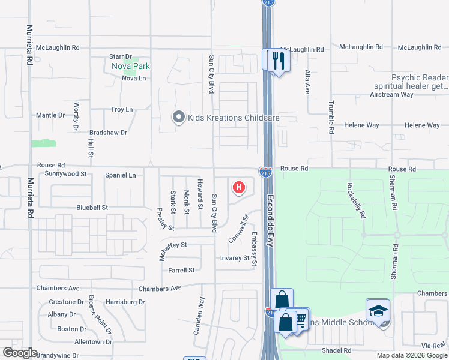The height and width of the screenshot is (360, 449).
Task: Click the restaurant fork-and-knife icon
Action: point(277,60)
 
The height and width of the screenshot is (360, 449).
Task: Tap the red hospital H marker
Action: point(239,188)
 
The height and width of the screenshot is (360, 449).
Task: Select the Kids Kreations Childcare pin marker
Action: point(178,118)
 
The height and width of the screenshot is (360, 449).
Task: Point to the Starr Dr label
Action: point(120,56)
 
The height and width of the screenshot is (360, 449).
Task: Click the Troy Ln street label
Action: point(122,109)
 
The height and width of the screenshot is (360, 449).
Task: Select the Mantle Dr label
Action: point(50,115)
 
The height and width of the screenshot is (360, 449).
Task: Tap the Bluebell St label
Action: point(91,208)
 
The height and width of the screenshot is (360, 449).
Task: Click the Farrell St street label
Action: point(181,271)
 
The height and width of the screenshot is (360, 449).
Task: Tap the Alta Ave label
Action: point(307,82)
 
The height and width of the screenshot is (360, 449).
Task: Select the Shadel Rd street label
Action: point(336,350)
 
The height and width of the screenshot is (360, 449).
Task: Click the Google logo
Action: point(20,353)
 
